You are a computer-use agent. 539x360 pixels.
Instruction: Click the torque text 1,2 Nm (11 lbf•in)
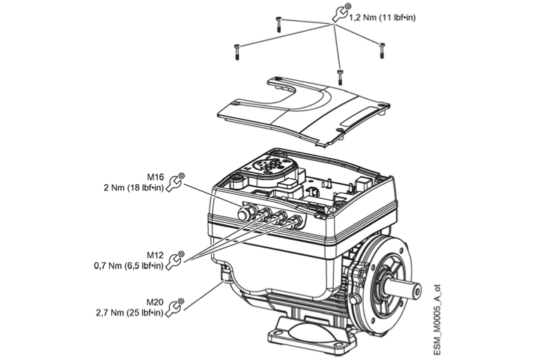(379, 17)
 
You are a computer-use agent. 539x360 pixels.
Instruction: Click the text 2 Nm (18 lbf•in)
(132, 188)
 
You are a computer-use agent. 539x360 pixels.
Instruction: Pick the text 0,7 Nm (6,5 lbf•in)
(129, 266)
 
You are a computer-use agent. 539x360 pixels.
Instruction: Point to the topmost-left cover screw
(279, 23)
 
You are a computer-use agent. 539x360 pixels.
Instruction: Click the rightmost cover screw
(382, 50)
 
